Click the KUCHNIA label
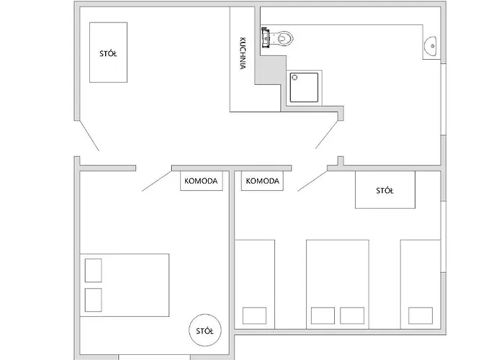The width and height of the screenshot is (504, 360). coord(243,53)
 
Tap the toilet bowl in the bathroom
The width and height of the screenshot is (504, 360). coord(285,39)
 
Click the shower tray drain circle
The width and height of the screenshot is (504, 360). coord(294,78)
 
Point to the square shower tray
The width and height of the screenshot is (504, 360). coord(304,87)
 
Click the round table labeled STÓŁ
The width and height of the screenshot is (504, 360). coord(204,330)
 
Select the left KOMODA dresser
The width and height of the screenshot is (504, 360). coord(201,181)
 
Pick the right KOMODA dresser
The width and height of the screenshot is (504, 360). coord(262,181)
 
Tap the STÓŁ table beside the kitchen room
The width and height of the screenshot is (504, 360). coord(108,53)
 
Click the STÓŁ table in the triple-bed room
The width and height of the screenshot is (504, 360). coord(385,189)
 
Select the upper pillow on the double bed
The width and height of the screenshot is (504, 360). coord(93,270)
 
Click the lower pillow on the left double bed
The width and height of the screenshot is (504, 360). coord(93,300)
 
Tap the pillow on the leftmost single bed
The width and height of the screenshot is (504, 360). coord(254,315)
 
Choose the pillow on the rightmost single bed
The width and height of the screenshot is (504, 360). coord(420,315)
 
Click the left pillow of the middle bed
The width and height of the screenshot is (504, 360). coord(323,315)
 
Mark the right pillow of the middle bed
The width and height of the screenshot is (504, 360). coord(352,315)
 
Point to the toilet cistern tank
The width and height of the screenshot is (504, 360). coord(265,37)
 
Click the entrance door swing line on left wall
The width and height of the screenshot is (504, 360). coord(89,135)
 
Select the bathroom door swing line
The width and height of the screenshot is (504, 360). coord(327,135)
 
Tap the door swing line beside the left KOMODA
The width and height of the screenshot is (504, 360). coord(157,181)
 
